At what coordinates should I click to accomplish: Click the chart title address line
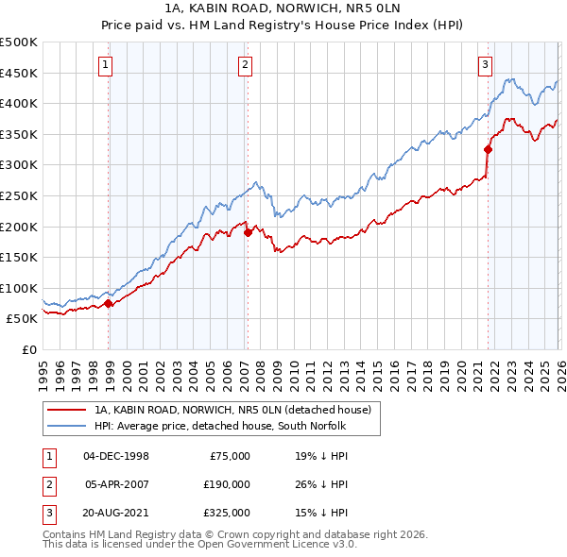282,9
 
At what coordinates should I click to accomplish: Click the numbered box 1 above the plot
104,65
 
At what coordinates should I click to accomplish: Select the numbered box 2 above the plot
245,65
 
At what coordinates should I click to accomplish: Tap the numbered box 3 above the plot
485,65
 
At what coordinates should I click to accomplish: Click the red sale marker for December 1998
109,304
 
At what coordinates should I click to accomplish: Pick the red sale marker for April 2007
248,232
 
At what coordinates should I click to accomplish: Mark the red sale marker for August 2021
489,149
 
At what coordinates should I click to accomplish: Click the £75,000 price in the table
228,455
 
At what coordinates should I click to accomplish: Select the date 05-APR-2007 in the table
117,484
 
